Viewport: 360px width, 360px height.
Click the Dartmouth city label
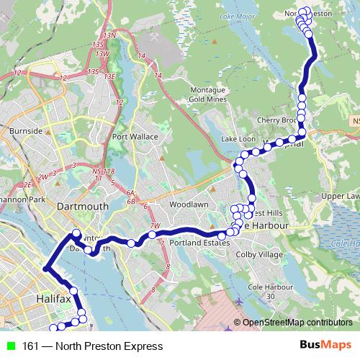pyautogui.click(x=83, y=206)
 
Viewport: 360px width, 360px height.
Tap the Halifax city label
pyautogui.click(x=54, y=297)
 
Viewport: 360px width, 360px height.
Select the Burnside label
pyautogui.click(x=27, y=131)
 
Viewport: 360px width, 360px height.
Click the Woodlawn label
pyautogui.click(x=188, y=204)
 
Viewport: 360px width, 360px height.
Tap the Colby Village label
pyautogui.click(x=260, y=254)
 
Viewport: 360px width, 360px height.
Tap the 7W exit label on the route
pyautogui.click(x=154, y=226)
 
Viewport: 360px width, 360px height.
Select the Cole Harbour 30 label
pyautogui.click(x=263, y=292)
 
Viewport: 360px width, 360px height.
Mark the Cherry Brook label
pyautogui.click(x=279, y=120)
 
